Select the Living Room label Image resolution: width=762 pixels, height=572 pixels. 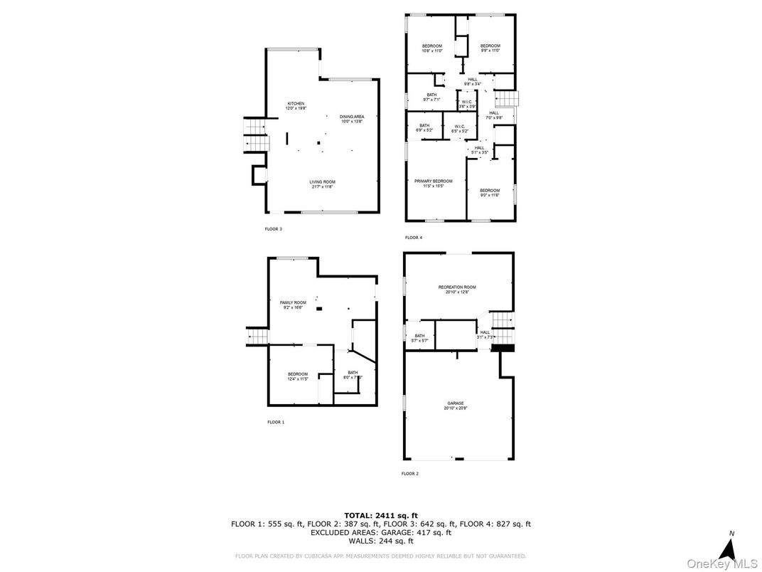[x=321, y=184]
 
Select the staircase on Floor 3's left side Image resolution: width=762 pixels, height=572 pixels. [x=257, y=135]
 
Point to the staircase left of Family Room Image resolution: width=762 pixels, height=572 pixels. [x=257, y=337]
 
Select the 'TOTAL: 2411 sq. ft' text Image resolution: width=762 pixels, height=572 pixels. [x=381, y=515]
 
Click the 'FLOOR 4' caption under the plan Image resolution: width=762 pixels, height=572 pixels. [x=413, y=238]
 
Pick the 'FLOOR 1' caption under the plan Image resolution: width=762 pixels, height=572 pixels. [x=275, y=422]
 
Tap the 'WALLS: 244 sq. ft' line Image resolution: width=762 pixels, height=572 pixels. [x=381, y=541]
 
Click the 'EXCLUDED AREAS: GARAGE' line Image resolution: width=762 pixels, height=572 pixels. [x=381, y=532]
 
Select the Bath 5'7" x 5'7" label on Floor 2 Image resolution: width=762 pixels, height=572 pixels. [x=419, y=338]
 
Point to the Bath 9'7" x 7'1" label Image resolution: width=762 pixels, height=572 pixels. [x=431, y=97]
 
